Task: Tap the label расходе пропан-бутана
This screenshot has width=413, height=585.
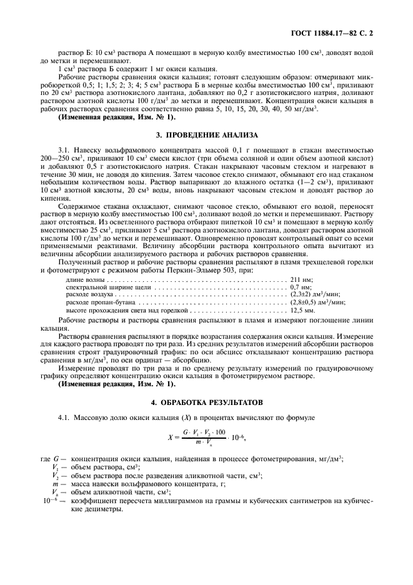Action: [97, 302]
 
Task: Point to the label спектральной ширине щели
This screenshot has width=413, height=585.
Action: [100, 287]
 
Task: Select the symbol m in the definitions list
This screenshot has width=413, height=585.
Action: [56, 484]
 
